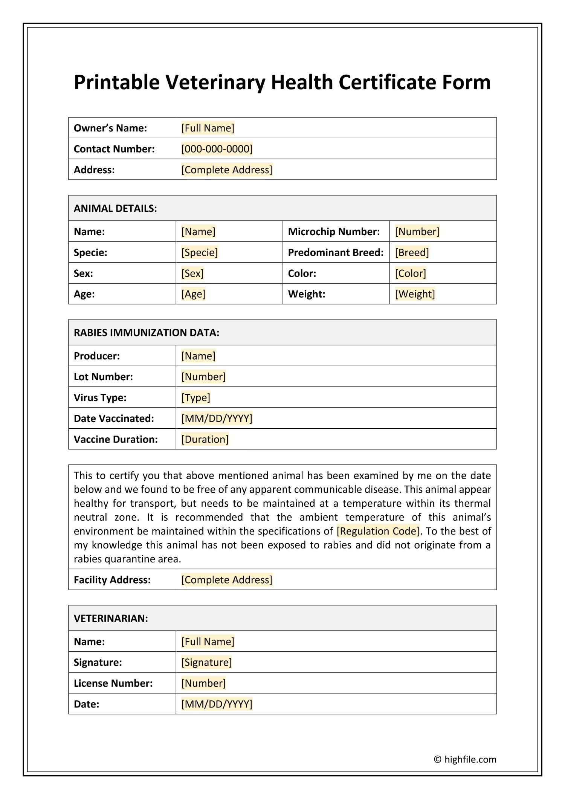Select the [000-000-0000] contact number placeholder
(x=217, y=149)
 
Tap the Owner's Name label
(x=110, y=128)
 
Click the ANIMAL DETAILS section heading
(x=115, y=208)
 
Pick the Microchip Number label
(x=334, y=232)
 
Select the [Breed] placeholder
(x=412, y=252)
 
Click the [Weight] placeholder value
(x=415, y=294)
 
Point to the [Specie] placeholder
(x=199, y=252)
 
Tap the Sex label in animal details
(x=83, y=273)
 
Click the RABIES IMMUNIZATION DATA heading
(x=146, y=333)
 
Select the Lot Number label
(x=103, y=377)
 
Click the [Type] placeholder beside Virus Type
(x=195, y=397)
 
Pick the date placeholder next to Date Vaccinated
(x=217, y=419)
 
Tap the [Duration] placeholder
(x=205, y=439)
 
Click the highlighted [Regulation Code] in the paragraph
(x=378, y=531)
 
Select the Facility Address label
(x=112, y=580)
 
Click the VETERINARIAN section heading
(x=111, y=618)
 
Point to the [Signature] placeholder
(x=206, y=662)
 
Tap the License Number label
(x=113, y=683)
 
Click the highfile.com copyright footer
(x=465, y=759)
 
